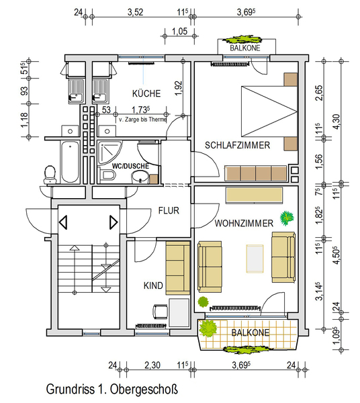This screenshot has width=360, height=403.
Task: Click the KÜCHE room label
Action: click(x=146, y=93)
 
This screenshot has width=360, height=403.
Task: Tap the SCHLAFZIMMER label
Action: click(x=237, y=145)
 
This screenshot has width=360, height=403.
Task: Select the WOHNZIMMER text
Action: click(x=244, y=223)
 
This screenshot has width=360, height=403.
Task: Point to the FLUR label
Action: click(x=169, y=211)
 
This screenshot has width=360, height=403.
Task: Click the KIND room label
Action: click(x=153, y=285)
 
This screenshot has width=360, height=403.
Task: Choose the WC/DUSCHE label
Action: click(x=130, y=166)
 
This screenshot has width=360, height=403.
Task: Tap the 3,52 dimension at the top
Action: click(x=136, y=12)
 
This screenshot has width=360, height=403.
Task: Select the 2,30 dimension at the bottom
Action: click(x=152, y=365)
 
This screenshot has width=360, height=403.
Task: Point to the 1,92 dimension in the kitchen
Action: click(x=179, y=88)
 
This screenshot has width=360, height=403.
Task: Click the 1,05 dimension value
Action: click(x=179, y=32)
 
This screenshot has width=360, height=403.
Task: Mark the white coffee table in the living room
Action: click(x=255, y=259)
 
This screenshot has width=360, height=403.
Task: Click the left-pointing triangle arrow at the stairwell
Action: click(x=63, y=222)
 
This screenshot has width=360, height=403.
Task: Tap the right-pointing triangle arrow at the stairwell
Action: click(x=114, y=222)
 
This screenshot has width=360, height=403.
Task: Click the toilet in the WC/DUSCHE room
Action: click(x=108, y=175)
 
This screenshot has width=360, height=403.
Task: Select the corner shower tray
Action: click(x=109, y=152)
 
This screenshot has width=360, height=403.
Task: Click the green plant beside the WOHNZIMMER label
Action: click(x=287, y=218)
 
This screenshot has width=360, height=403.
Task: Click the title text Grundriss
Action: click(x=70, y=389)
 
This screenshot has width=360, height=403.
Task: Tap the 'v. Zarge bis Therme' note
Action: click(x=142, y=120)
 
